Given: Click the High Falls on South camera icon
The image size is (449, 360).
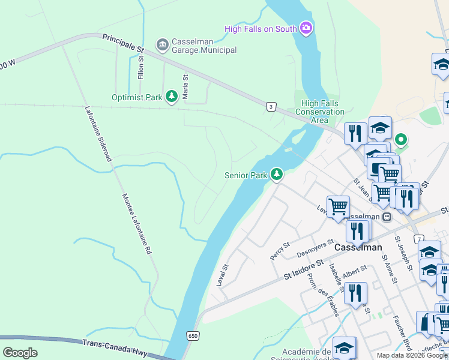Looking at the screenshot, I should (306, 28).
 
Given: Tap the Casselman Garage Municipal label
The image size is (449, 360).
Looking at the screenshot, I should (204, 46).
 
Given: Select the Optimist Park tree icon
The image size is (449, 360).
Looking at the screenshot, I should (172, 96).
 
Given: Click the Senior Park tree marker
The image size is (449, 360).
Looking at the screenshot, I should (276, 175).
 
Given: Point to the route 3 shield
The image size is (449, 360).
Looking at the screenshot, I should (272, 106).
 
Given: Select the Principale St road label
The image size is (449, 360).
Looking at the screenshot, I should (124, 43).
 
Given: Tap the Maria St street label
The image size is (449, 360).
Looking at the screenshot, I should (185, 86).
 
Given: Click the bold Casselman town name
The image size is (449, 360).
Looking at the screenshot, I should (358, 247).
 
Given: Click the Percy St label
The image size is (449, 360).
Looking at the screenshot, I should (280, 250).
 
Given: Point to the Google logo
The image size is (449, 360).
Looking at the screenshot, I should (20, 352).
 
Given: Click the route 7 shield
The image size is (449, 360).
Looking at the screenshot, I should (418, 223).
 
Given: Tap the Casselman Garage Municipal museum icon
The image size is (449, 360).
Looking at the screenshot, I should (161, 44).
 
